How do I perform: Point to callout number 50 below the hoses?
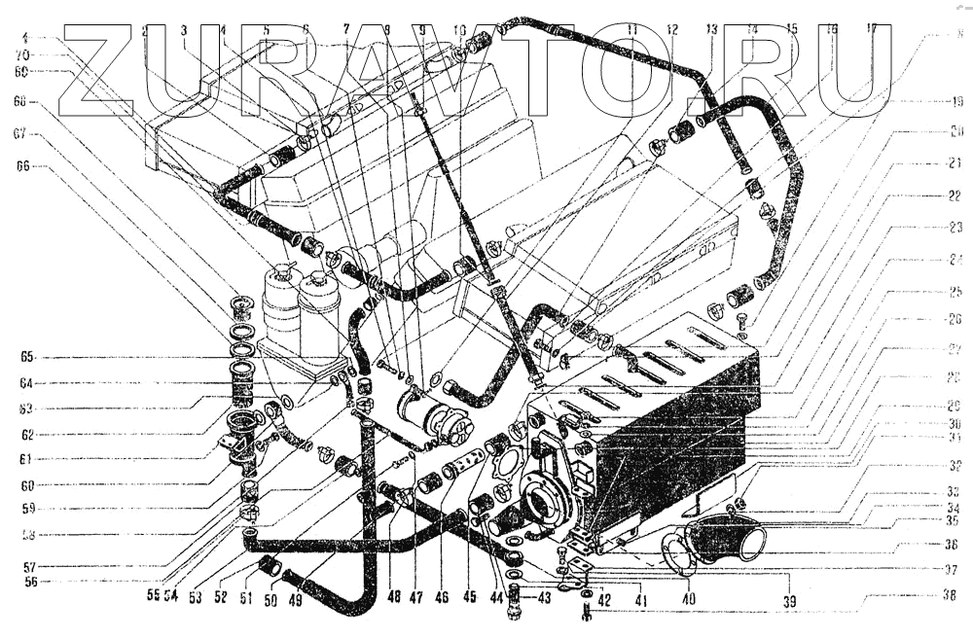[270, 601]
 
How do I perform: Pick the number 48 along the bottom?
[392, 596]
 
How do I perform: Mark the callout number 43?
[541, 594]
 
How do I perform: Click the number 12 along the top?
[671, 29]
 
